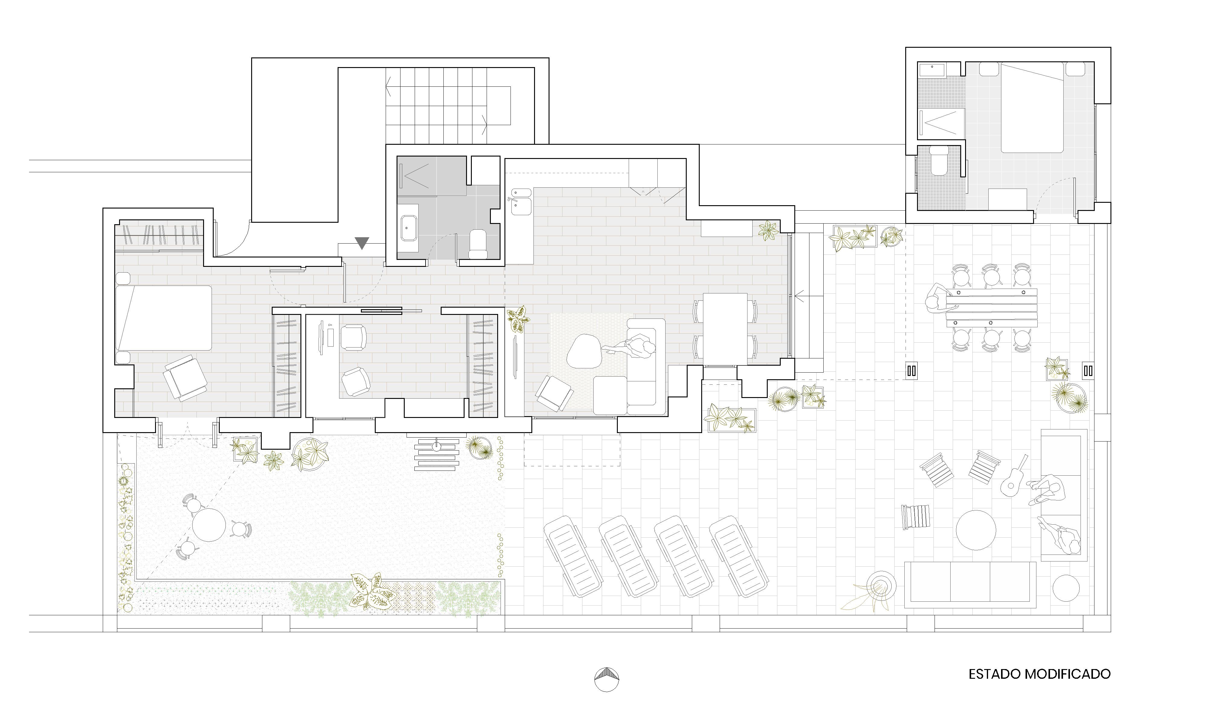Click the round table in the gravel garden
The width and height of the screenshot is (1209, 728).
click(209, 525)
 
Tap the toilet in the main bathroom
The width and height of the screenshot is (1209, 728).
click(478, 244)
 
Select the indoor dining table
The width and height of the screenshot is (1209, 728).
click(725, 329)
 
